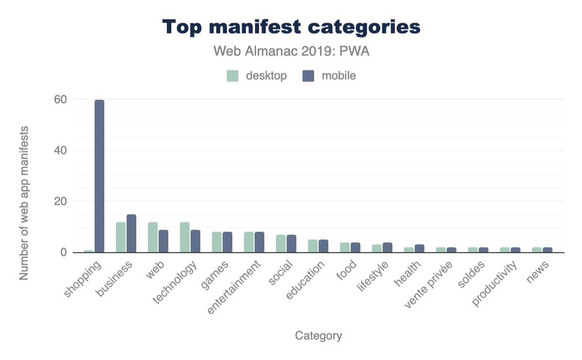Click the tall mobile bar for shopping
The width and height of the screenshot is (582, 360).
tap(99, 176)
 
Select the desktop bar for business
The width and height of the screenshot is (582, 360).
tap(121, 237)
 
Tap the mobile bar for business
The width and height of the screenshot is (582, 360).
tap(131, 233)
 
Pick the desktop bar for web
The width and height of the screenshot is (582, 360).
tap(153, 237)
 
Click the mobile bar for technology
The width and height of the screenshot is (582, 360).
tap(195, 241)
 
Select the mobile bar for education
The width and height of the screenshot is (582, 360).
tap(323, 246)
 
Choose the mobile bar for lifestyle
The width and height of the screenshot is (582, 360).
tap(388, 247)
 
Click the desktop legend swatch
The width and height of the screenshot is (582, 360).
tap(233, 76)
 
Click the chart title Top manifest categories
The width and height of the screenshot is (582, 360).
tap(291, 27)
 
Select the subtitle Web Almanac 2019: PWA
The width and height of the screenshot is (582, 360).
tap(291, 51)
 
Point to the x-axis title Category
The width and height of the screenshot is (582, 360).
tap(318, 336)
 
